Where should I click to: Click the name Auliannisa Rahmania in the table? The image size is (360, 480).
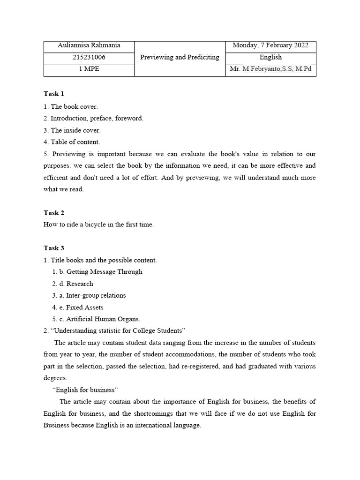(89, 45)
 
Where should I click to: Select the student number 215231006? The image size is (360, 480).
(89, 57)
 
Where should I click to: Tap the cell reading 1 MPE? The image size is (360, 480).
(89, 69)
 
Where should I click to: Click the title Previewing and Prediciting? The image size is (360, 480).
(180, 57)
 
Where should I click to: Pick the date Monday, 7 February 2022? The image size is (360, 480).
(270, 45)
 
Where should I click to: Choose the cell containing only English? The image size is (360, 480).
(270, 57)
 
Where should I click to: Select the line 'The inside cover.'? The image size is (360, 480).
(75, 130)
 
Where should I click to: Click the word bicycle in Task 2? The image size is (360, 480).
(97, 225)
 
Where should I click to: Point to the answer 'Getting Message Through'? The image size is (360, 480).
(104, 272)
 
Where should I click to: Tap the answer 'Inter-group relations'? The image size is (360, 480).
(96, 296)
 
